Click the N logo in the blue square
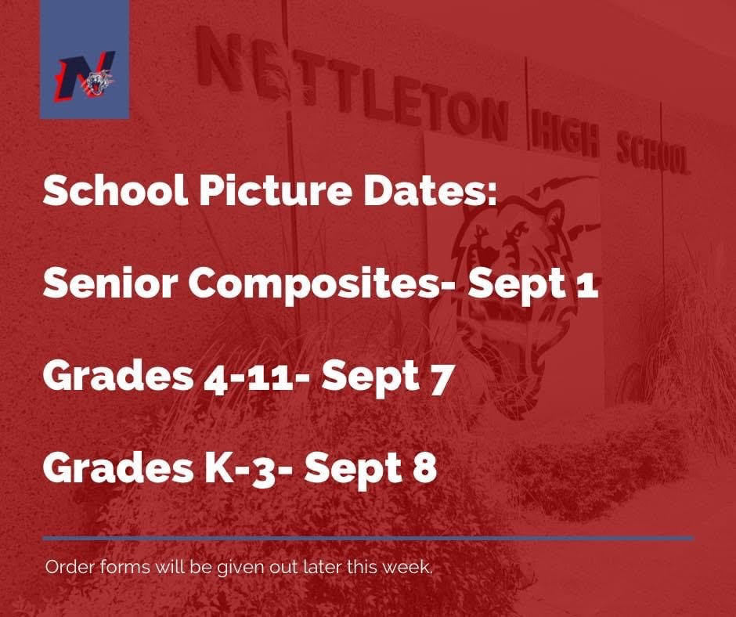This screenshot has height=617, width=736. point(86,76)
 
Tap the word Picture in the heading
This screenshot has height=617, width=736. point(275,189)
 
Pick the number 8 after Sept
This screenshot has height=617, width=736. point(425,468)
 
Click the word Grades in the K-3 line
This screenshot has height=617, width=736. point(117,467)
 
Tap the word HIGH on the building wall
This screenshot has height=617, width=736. point(565,137)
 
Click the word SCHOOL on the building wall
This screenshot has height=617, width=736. point(652,153)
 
